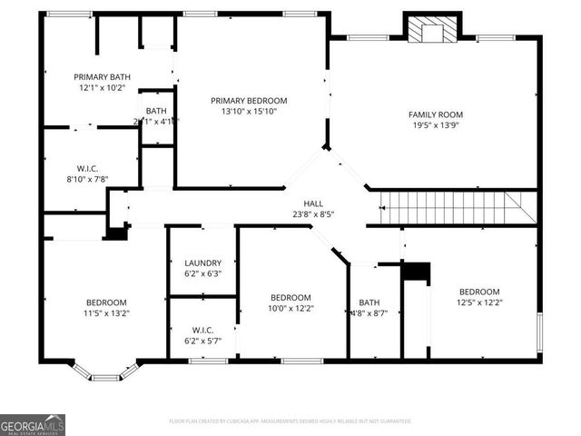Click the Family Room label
coord(436,114)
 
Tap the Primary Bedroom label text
coord(249,100)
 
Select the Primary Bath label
coord(103,77)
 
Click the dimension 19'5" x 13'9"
coord(436,126)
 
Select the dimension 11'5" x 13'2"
coord(106,313)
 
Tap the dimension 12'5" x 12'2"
coord(479,302)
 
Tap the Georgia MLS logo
coord(33,424)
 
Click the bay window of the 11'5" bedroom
coord(105,372)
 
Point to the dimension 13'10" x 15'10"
coord(249,112)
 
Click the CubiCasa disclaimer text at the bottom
coord(290,421)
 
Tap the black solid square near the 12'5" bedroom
coord(416,272)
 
